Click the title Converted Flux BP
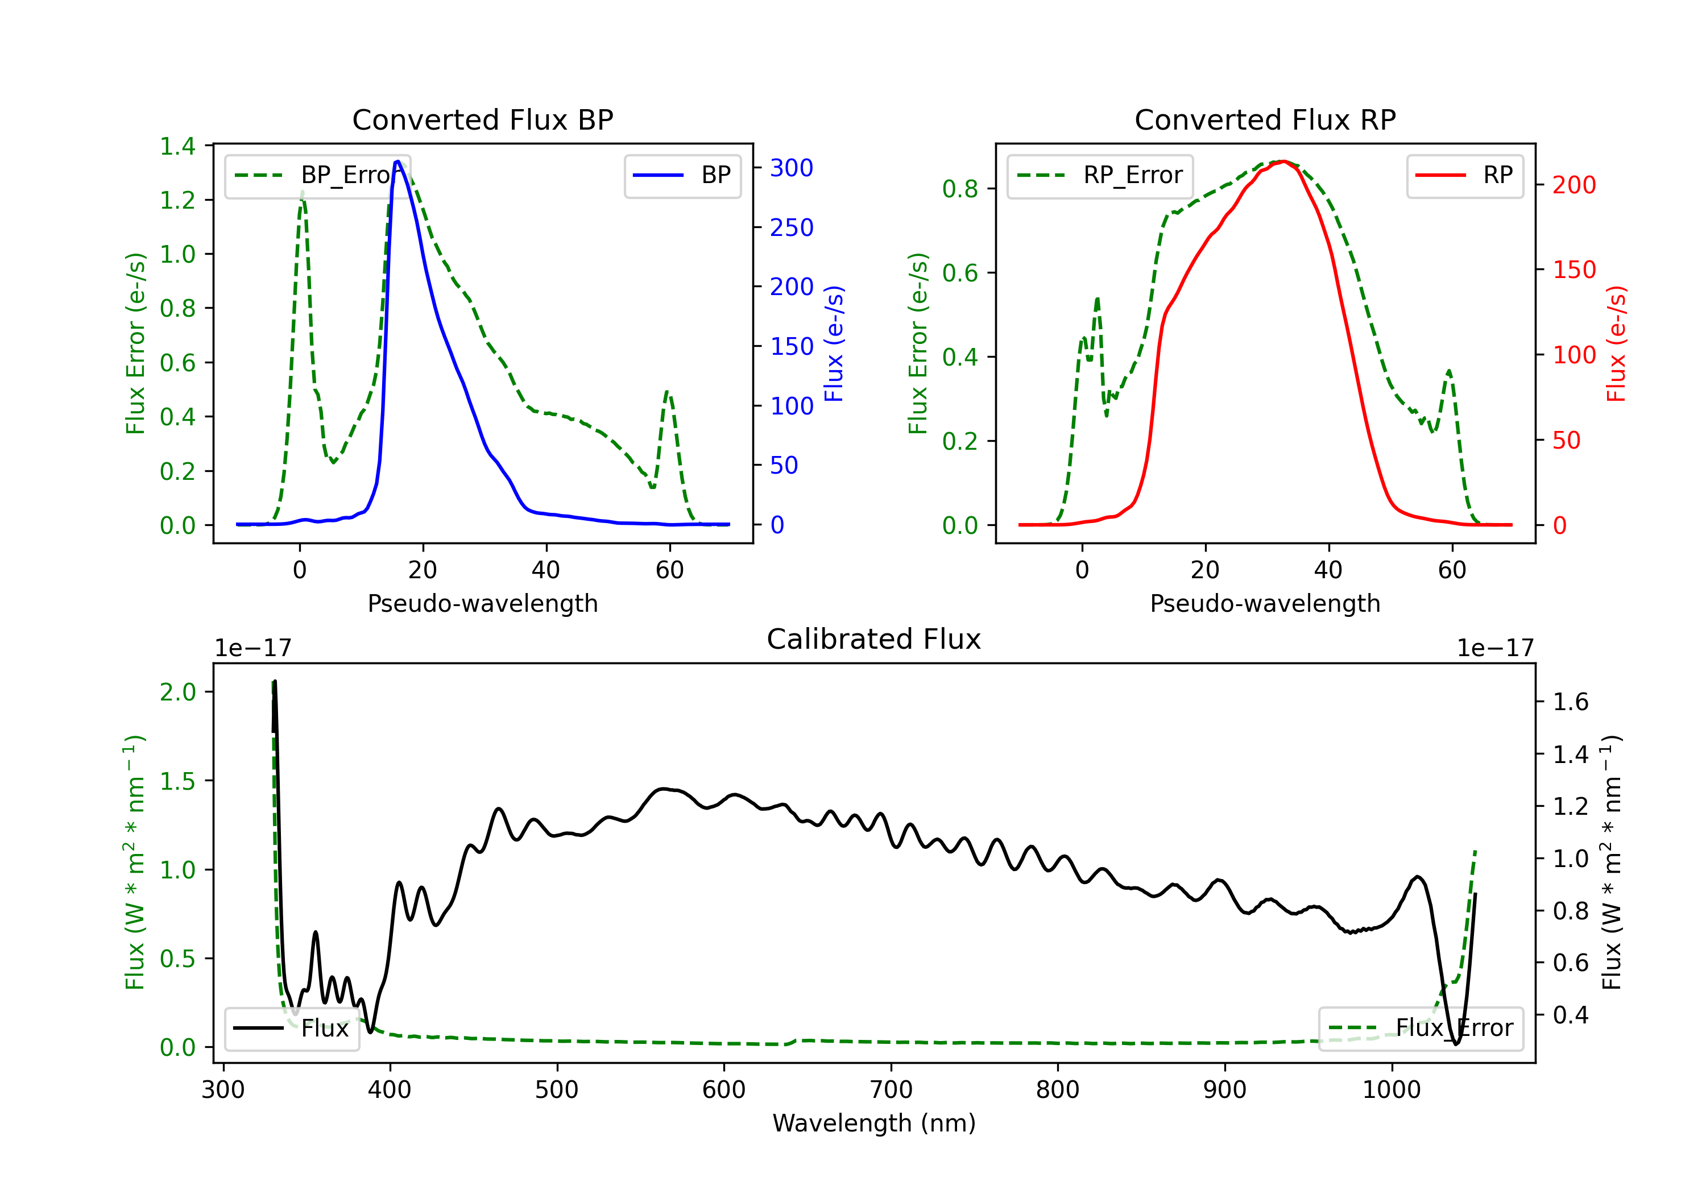pyautogui.click(x=482, y=119)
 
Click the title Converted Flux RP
pyautogui.click(x=1265, y=119)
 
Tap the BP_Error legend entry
pyautogui.click(x=318, y=175)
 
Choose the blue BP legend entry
pyautogui.click(x=682, y=175)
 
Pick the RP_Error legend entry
pyautogui.click(x=1100, y=175)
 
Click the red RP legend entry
pyautogui.click(x=1464, y=175)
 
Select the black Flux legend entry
pyautogui.click(x=292, y=1029)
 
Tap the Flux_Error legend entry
pyautogui.click(x=1421, y=1029)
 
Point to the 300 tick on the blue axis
pyautogui.click(x=790, y=168)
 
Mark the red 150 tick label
pyautogui.click(x=1574, y=270)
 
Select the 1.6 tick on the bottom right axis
pyautogui.click(x=1571, y=702)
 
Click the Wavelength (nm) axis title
pyautogui.click(x=874, y=1123)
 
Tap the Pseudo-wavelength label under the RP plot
pyautogui.click(x=1265, y=603)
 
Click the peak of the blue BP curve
pyautogui.click(x=397, y=161)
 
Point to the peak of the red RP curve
pyautogui.click(x=1283, y=161)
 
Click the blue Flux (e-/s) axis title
pyautogui.click(x=834, y=344)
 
